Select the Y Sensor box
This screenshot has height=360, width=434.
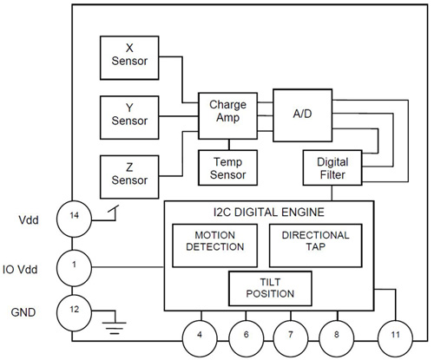tap(128, 113)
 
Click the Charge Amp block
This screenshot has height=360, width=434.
tap(228, 113)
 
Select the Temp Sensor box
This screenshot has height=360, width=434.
tap(228, 167)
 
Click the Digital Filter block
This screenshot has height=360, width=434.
tap(326, 167)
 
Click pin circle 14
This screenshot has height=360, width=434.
tap(74, 219)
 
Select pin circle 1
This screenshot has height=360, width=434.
tap(74, 264)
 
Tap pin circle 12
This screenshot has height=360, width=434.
tap(74, 310)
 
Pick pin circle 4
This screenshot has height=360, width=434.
tap(201, 333)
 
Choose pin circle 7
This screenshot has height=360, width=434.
tap(290, 333)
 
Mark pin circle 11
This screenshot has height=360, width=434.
tap(395, 333)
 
